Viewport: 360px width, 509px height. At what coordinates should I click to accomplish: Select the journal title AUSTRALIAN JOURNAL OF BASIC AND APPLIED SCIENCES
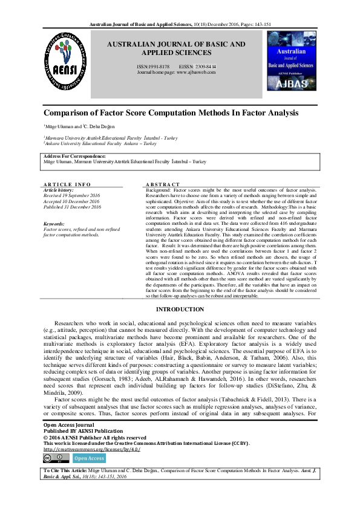tap(176, 48)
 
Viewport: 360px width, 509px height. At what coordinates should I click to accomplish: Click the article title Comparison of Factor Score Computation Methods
tap(171, 113)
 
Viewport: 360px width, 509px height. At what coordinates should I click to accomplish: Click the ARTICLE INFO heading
tap(67, 184)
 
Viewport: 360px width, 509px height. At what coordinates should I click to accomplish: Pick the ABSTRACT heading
tap(163, 184)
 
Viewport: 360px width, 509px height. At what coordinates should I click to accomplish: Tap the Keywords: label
tap(55, 224)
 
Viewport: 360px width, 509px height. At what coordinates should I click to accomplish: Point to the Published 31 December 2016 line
tap(73, 207)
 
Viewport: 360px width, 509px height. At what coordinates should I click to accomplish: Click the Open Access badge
tap(89, 459)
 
